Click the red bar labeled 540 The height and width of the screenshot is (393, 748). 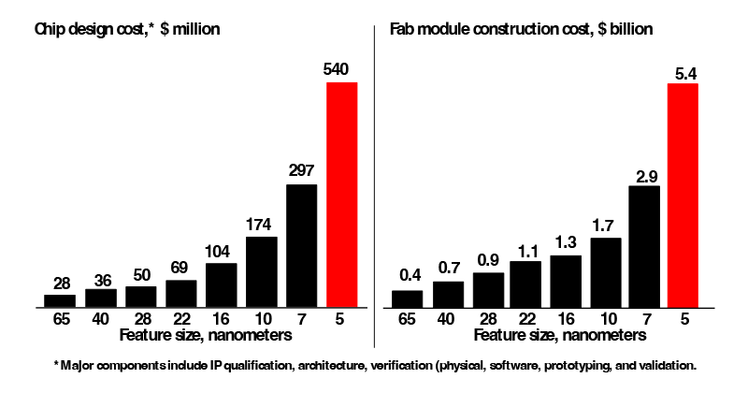pos(341,194)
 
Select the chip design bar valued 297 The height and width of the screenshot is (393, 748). pos(301,245)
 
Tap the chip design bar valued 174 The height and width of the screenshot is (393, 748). pos(261,271)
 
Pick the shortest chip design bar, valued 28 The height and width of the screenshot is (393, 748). pos(60,300)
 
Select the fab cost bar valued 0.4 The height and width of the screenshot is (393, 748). pos(407,298)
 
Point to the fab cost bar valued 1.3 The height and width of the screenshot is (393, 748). pos(566,281)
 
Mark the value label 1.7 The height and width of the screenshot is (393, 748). pos(606,226)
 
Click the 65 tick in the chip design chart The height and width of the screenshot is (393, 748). pos(60,317)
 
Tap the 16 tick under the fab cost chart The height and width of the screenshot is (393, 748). pos(566,317)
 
